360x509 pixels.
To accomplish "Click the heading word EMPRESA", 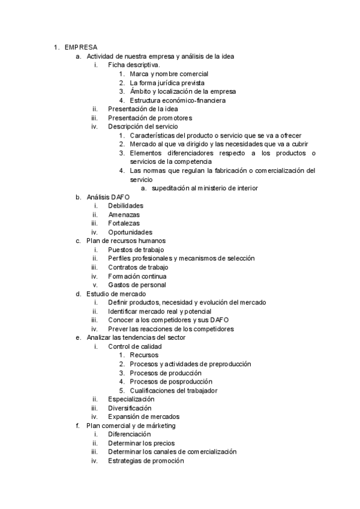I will tap(82, 47).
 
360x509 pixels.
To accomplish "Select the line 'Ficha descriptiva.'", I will tap(134, 65).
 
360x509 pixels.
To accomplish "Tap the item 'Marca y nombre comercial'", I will tap(169, 74).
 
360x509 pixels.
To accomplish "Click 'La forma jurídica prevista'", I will tap(167, 83).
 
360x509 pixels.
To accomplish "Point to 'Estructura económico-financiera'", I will tap(178, 100).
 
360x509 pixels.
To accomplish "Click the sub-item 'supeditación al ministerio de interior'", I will tap(205, 188).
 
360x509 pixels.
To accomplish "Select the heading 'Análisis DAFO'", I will tap(107, 197).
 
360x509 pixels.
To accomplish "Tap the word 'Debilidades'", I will tap(125, 206).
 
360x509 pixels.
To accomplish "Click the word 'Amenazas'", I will tap(124, 214).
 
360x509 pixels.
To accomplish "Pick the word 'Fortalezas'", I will tap(124, 223).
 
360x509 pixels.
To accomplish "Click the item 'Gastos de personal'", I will tap(137, 285).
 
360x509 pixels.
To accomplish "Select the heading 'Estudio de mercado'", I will tap(116, 294).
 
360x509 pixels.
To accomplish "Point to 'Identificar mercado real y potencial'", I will tap(160, 312).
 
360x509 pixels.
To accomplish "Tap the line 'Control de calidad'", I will tap(134, 346).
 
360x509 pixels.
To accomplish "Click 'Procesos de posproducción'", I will tap(170, 382).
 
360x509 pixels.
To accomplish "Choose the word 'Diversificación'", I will tap(130, 408).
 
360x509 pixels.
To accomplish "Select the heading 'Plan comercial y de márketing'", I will tap(131, 426).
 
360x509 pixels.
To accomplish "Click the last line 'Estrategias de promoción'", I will tap(146, 460).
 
